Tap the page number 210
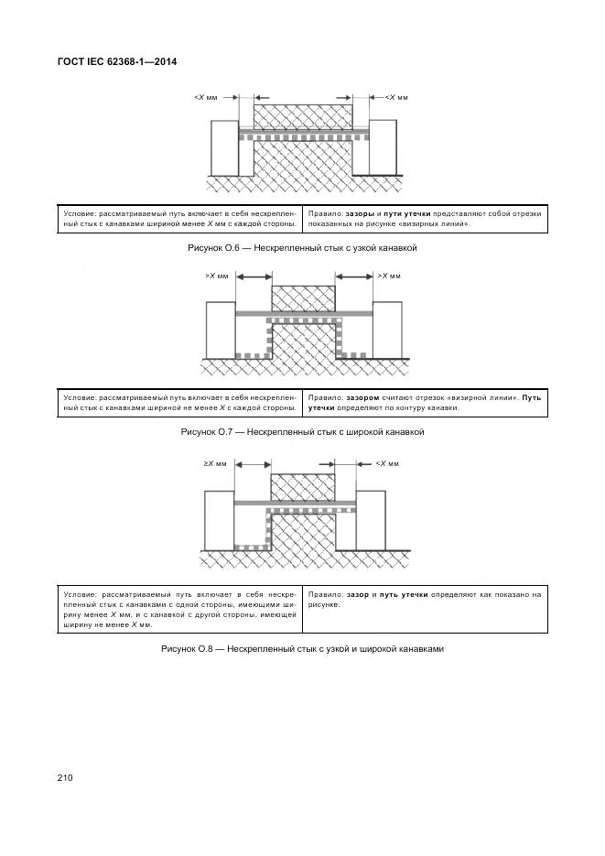pos(65,777)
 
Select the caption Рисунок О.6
pos(300,248)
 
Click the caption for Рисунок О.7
pos(302,431)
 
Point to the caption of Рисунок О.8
pos(302,649)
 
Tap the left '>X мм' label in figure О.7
pos(216,276)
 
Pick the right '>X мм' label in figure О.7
pos(389,276)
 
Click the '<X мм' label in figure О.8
pos(387,464)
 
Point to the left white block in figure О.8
pos(221,520)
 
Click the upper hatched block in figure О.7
pos(303,298)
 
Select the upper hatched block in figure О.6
pos(302,116)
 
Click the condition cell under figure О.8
pos(179,609)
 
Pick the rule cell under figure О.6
pos(424,219)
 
